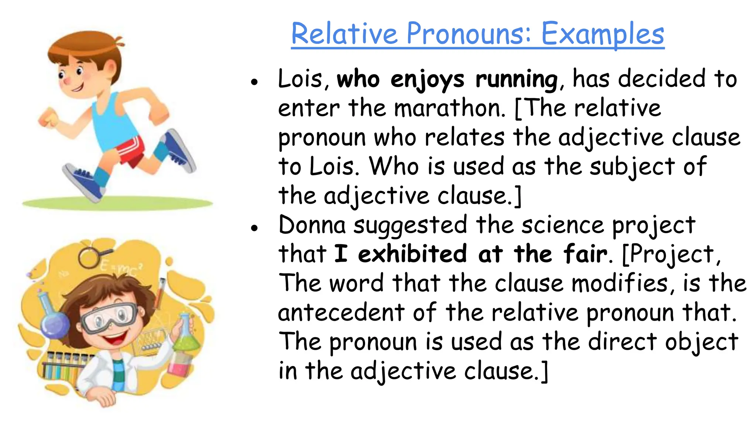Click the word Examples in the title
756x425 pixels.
[602, 34]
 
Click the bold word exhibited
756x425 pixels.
[412, 254]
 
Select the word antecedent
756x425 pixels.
[341, 312]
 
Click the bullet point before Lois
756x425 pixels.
[254, 82]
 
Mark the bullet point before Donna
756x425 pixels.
[254, 228]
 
